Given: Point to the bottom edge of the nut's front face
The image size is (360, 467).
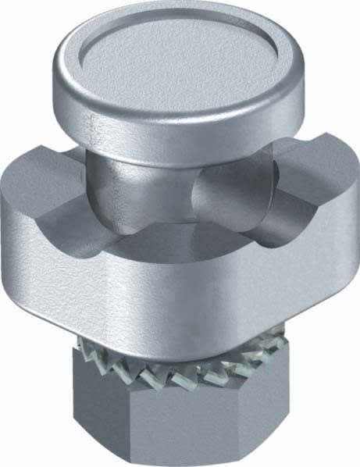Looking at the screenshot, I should [160, 457].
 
